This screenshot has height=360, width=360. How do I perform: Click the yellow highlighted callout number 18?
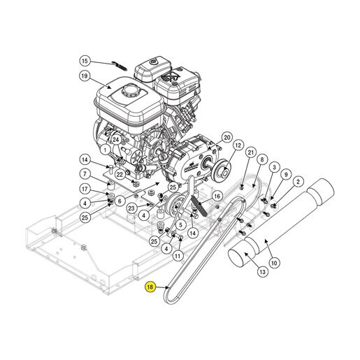click(150, 287)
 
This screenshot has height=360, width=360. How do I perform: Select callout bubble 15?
click(85, 61)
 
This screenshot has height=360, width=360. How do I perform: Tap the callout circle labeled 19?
click(85, 76)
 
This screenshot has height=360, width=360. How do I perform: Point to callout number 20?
click(226, 138)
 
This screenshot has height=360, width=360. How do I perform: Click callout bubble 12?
click(238, 145)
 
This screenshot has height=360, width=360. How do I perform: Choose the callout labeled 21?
click(250, 152)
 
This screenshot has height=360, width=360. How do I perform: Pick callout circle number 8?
click(262, 159)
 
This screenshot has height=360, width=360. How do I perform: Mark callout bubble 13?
click(263, 272)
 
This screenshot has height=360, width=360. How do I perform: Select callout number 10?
click(274, 263)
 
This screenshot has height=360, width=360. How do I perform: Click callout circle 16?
click(217, 196)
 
